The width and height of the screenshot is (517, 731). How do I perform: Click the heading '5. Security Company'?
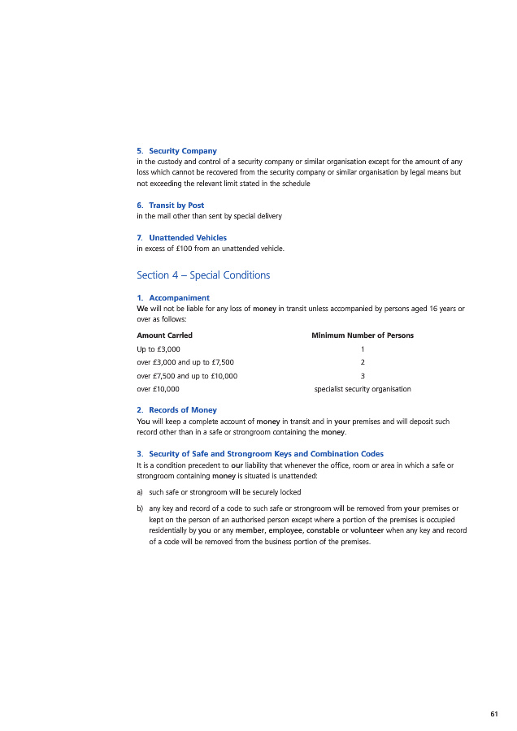[x=176, y=151]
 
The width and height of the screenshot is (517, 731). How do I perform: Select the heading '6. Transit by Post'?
[x=170, y=205]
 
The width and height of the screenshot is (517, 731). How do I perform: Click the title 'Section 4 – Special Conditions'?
[x=203, y=275]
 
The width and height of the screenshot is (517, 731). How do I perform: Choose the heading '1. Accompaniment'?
[x=173, y=298]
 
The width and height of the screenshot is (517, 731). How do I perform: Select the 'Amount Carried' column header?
[x=164, y=335]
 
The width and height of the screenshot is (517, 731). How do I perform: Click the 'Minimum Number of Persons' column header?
[x=362, y=335]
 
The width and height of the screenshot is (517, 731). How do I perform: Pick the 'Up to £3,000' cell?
[x=158, y=348]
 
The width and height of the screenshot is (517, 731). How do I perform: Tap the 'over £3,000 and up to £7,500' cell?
[x=185, y=362]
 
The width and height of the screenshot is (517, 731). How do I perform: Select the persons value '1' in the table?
[x=363, y=348]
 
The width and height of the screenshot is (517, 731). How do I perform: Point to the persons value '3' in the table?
[x=363, y=376]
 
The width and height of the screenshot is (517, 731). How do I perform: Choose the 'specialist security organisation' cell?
[x=363, y=389]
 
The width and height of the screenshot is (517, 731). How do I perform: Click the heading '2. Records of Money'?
[x=176, y=410]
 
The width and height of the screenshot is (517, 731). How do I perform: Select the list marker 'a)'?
[x=141, y=492]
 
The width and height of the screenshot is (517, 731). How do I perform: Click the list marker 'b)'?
[x=141, y=508]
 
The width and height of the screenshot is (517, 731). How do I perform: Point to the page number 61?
[x=494, y=714]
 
